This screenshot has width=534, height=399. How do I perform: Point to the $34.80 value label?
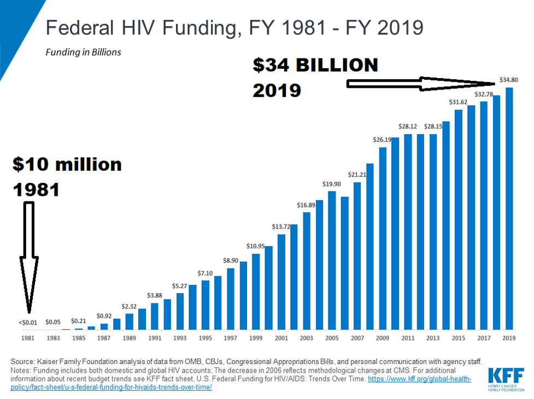point(508,80)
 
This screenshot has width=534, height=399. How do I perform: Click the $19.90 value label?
point(332,183)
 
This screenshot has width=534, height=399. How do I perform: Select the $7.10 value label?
point(206,273)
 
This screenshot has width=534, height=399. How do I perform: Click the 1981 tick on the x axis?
point(28,338)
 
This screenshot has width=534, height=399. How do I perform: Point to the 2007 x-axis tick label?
point(357,338)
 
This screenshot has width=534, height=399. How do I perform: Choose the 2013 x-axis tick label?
point(433,338)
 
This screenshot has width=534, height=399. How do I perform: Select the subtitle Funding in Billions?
point(84,52)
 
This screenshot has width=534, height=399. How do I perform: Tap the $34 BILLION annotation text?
point(315,65)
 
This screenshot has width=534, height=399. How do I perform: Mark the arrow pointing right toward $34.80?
point(421,84)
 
